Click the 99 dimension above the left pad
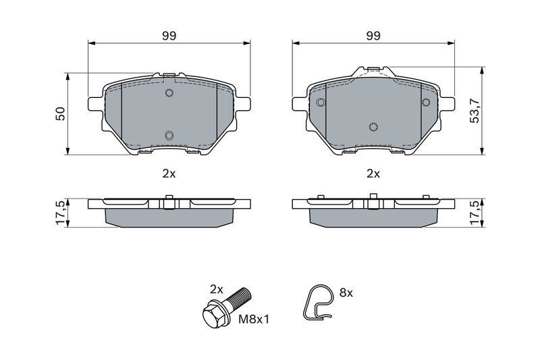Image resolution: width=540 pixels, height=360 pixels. click(169, 36)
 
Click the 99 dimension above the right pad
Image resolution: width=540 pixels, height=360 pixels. click(373, 36)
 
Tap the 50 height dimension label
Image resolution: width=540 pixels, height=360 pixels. click(60, 113)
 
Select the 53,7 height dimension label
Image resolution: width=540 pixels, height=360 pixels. click(475, 110)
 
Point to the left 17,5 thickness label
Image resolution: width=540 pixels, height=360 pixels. click(60, 213)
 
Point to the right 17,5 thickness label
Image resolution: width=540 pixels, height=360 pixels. click(475, 213)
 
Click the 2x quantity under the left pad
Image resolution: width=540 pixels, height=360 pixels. click(169, 174)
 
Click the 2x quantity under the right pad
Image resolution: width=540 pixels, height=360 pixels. click(373, 174)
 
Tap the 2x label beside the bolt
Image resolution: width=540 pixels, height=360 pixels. click(217, 289)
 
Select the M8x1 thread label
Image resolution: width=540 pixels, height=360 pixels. click(254, 319)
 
